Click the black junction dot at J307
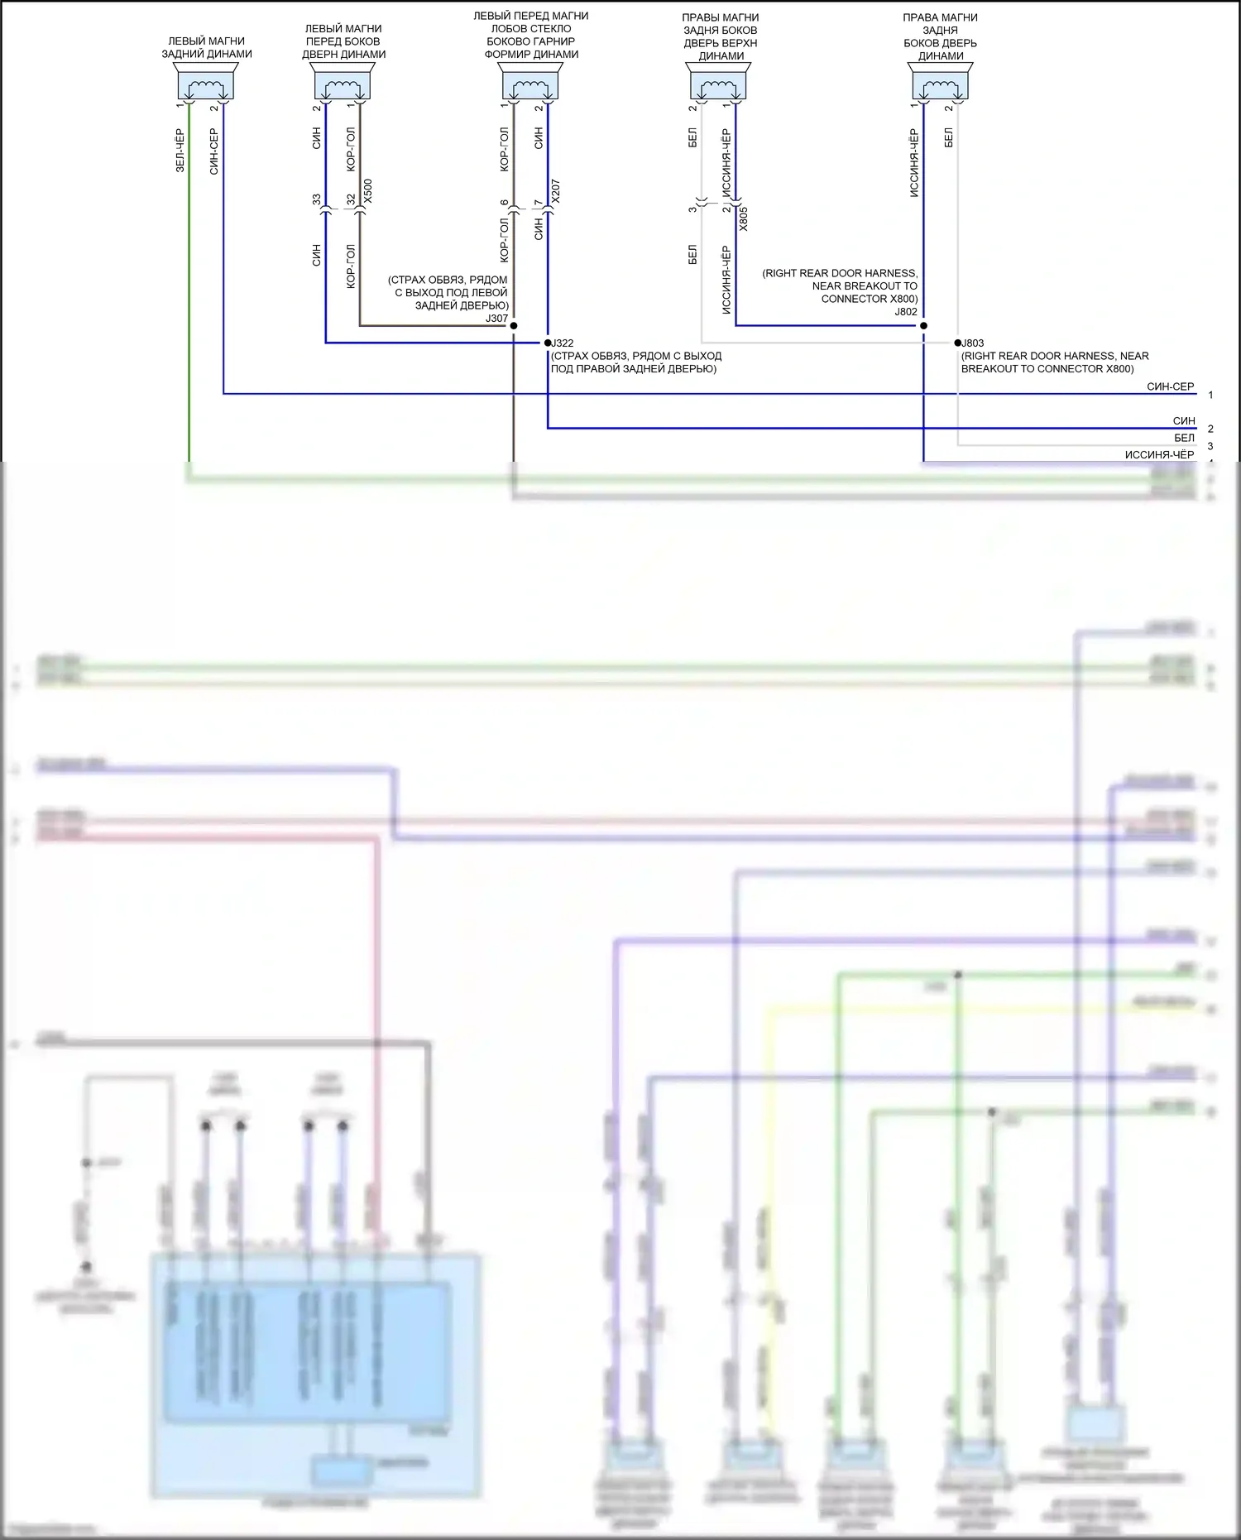tap(514, 325)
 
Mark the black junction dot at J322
tap(548, 343)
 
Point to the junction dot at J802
tap(923, 325)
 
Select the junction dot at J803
tap(958, 343)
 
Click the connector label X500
tap(368, 191)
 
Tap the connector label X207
tap(555, 191)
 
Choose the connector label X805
tap(743, 218)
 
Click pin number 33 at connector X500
tap(317, 199)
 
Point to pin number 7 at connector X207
tap(539, 203)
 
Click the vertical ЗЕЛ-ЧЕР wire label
tap(180, 150)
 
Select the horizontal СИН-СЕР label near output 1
tap(1170, 386)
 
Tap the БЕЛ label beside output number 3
tap(1184, 438)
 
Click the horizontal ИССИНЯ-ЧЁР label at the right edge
tap(1159, 454)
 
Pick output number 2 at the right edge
tap(1210, 429)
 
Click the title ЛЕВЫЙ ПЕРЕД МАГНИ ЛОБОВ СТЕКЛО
tap(530, 22)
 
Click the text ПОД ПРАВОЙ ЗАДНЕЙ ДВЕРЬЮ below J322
tap(633, 369)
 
